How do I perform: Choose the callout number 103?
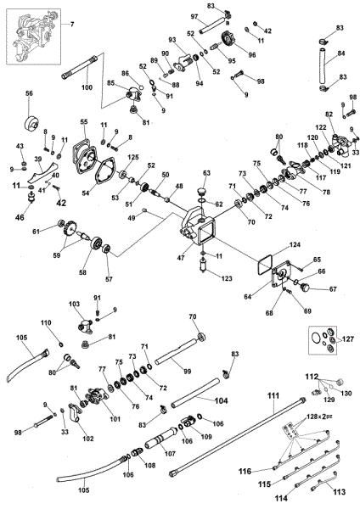click(x=74, y=302)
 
